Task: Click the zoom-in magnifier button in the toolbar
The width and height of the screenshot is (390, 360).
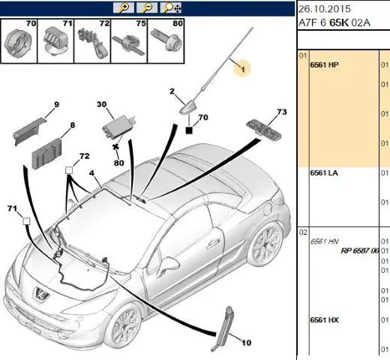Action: (x=123, y=7)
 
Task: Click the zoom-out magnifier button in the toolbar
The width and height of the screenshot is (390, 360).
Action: (x=147, y=7)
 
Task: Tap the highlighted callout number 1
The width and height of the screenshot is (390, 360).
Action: (x=242, y=69)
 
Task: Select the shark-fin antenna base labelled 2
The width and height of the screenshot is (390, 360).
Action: (x=190, y=107)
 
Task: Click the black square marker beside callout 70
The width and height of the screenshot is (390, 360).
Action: (x=189, y=130)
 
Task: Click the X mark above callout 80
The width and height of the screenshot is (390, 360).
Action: (x=115, y=147)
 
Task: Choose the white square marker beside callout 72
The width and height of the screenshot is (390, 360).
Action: (x=69, y=170)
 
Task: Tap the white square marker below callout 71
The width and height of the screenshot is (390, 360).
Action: (x=26, y=221)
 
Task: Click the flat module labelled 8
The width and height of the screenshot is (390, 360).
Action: (x=47, y=154)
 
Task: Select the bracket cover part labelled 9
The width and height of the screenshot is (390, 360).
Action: (x=28, y=131)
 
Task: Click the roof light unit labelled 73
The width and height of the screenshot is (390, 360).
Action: (x=264, y=130)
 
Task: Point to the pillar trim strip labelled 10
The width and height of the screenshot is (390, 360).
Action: (x=224, y=328)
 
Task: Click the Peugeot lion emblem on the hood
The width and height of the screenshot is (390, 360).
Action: (x=40, y=294)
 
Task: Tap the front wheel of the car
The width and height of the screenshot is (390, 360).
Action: (x=123, y=328)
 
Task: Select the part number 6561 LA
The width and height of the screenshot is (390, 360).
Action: (x=324, y=173)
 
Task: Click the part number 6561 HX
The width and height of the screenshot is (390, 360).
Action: (x=324, y=320)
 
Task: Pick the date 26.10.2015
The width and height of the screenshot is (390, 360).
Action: (x=325, y=9)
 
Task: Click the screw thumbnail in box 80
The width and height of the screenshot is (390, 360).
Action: (x=165, y=40)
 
